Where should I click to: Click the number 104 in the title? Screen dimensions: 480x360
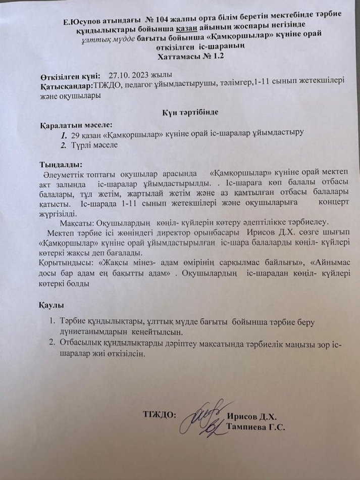pyautogui.click(x=159, y=21)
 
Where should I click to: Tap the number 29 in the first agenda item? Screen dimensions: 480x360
pyautogui.click(x=76, y=135)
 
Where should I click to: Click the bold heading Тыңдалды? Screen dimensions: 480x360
pyautogui.click(x=59, y=165)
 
